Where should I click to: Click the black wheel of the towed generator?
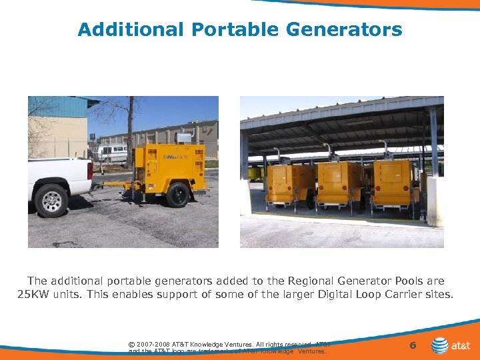coord(178,195)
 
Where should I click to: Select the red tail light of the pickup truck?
coord(90,171)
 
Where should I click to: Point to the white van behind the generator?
coord(110,152)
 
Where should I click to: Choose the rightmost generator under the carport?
coord(393,183)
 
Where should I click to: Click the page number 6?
coord(413,345)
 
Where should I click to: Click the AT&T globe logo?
coord(440,345)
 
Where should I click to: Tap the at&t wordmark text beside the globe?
coord(462,346)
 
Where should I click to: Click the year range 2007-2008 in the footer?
coord(153,345)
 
